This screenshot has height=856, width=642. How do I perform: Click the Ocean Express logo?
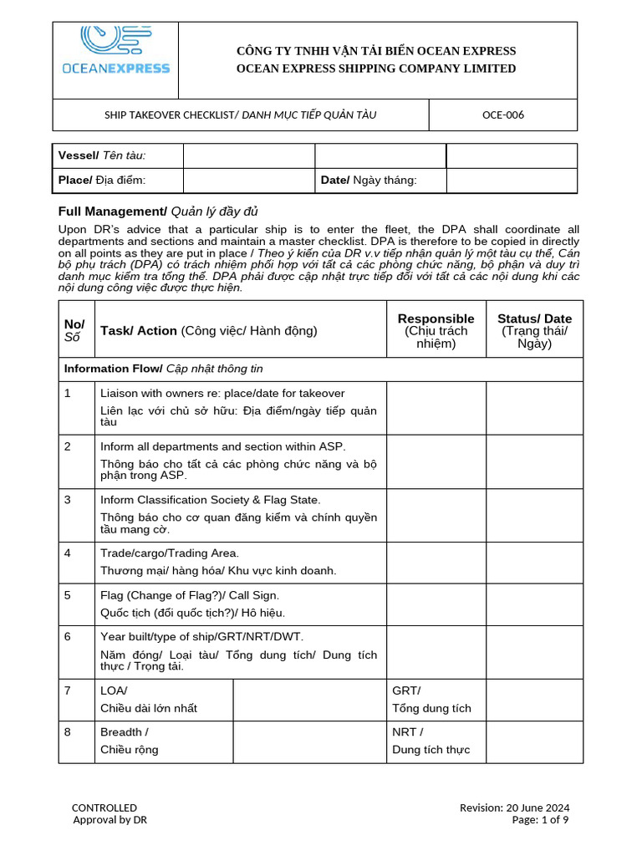click(115, 51)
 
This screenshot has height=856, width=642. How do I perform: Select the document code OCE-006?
click(503, 115)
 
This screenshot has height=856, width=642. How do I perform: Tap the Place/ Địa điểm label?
click(102, 181)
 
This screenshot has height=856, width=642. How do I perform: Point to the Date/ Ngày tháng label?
click(369, 181)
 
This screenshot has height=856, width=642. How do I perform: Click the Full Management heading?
click(152, 211)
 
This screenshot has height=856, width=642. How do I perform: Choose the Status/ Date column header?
click(534, 330)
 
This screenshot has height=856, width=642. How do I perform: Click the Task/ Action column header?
click(208, 330)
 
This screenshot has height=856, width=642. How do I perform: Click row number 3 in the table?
click(68, 500)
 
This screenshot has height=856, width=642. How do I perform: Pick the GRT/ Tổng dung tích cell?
click(431, 699)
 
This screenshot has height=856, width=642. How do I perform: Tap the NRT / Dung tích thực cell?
click(431, 741)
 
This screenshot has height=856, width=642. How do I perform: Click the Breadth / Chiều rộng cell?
click(130, 741)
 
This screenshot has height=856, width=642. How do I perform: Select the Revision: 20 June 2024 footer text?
click(514, 808)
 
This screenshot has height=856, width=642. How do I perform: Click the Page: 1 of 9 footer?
click(540, 820)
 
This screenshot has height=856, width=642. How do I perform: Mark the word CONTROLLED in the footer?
click(104, 808)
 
